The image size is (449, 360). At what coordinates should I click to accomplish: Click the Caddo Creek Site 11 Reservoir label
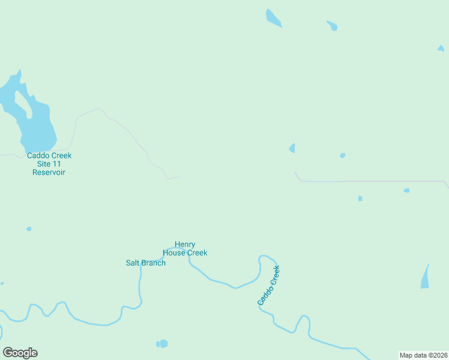pyautogui.click(x=49, y=164)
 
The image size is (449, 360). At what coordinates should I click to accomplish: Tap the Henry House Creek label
pyautogui.click(x=185, y=248)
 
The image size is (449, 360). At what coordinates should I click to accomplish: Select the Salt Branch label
pyautogui.click(x=146, y=263)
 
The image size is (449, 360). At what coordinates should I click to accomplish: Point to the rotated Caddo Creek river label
pyautogui.click(x=269, y=286)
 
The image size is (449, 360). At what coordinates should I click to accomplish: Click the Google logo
pyautogui.click(x=20, y=353)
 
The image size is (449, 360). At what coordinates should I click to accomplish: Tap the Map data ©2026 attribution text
pyautogui.click(x=423, y=355)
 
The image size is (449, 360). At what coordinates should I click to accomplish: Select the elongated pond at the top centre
pyautogui.click(x=273, y=18)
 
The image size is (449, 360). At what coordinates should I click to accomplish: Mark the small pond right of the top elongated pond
pyautogui.click(x=332, y=26)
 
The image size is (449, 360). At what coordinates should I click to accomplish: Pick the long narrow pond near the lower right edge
pyautogui.click(x=426, y=277)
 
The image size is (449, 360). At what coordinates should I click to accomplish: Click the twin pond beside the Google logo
pyautogui.click(x=162, y=344)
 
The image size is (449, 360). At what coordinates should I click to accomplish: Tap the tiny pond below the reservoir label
pyautogui.click(x=29, y=229)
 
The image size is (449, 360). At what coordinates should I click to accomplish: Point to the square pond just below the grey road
pyautogui.click(x=360, y=199)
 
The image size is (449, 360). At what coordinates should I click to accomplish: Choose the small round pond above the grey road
pyautogui.click(x=343, y=155)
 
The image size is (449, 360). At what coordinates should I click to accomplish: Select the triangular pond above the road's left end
pyautogui.click(x=292, y=148)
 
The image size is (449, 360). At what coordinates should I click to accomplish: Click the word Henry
pyautogui.click(x=185, y=244)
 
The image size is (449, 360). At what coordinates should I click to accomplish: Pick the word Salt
pyautogui.click(x=133, y=263)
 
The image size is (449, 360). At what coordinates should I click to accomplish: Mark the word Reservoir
pyautogui.click(x=49, y=172)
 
